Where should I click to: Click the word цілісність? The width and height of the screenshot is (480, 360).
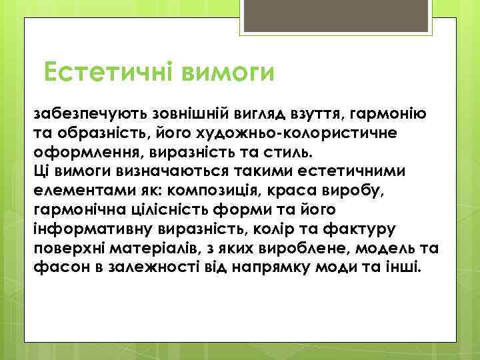[x=164, y=208]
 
